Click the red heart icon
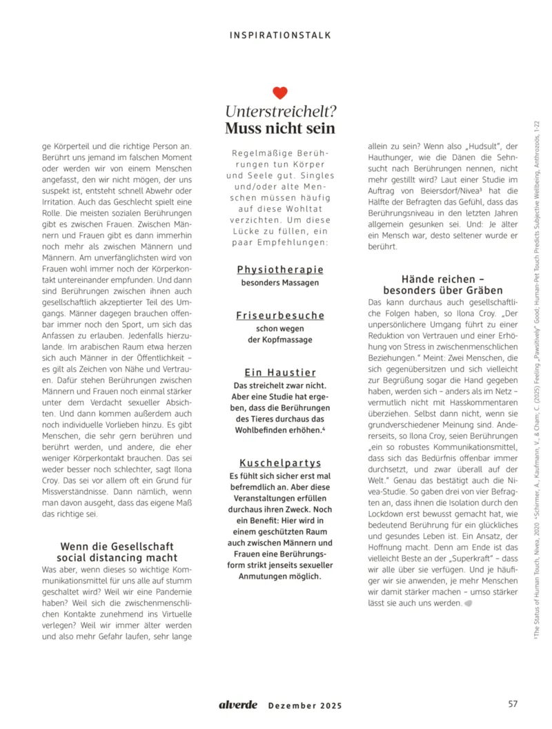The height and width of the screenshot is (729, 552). coord(279,93)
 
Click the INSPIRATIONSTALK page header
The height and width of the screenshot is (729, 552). coord(280,34)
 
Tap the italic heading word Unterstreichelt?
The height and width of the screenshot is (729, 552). coord(280,111)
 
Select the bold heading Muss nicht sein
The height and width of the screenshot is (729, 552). coord(280,128)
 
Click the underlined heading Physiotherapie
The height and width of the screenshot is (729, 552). coord(280,269)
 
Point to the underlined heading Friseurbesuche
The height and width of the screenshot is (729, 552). coord(280,315)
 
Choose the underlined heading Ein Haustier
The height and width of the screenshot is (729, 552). coord(280,372)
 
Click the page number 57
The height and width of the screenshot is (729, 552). coord(513,704)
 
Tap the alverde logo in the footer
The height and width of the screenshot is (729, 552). coord(238,704)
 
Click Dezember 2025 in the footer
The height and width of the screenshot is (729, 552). coord(304,706)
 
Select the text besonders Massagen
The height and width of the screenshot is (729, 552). coord(280,283)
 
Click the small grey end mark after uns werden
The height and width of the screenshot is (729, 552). coord(469,603)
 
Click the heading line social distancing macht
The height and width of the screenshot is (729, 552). coord(117,557)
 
